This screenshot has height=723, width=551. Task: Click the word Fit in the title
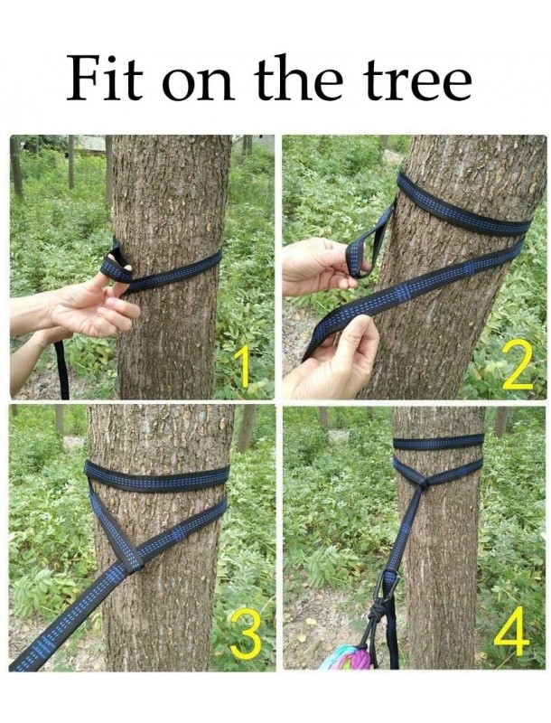click(x=105, y=79)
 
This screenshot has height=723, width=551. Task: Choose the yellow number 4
click(x=512, y=630)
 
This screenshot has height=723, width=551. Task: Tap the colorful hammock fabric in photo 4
click(x=346, y=656)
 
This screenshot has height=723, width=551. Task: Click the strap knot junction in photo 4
click(x=423, y=482)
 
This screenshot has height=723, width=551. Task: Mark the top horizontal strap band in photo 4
click(x=439, y=442)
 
